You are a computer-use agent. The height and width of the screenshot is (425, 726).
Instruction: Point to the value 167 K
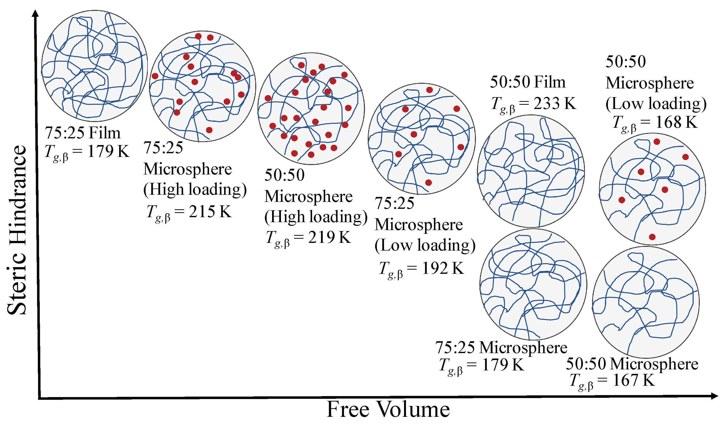(x=634, y=380)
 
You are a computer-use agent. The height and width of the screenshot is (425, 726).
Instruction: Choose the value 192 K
(x=443, y=268)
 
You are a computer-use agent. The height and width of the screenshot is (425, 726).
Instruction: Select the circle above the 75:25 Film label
(x=94, y=66)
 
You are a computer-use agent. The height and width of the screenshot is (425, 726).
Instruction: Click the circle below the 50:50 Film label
(x=531, y=171)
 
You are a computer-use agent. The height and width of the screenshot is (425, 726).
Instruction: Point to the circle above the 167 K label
(x=646, y=302)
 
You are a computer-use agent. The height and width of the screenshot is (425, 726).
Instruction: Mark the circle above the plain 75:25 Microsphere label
(x=533, y=284)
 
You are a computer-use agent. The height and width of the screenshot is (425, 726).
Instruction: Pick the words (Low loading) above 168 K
(x=656, y=104)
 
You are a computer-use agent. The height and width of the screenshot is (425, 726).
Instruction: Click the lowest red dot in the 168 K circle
(x=652, y=237)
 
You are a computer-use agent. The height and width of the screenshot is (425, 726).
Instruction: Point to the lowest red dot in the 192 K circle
(x=428, y=182)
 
